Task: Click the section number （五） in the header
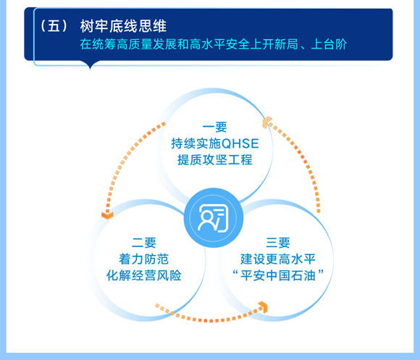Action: (x=54, y=26)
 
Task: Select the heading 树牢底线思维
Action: (x=123, y=26)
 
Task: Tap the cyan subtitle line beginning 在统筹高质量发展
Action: (x=213, y=44)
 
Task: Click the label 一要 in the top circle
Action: (x=215, y=127)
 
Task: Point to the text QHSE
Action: (x=240, y=143)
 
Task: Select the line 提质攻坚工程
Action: (x=215, y=160)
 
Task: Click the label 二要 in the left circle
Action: (x=144, y=243)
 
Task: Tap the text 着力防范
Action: (x=144, y=259)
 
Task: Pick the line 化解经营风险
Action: (x=144, y=275)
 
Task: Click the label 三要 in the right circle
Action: (x=278, y=243)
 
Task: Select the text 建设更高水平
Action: (x=278, y=259)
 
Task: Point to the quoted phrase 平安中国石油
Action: (x=278, y=275)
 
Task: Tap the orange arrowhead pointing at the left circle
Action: (x=107, y=215)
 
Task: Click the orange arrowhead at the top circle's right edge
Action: (x=267, y=122)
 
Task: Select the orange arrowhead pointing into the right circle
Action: (x=264, y=307)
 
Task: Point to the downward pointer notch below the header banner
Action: (x=90, y=65)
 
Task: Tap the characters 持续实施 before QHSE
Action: (x=196, y=143)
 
